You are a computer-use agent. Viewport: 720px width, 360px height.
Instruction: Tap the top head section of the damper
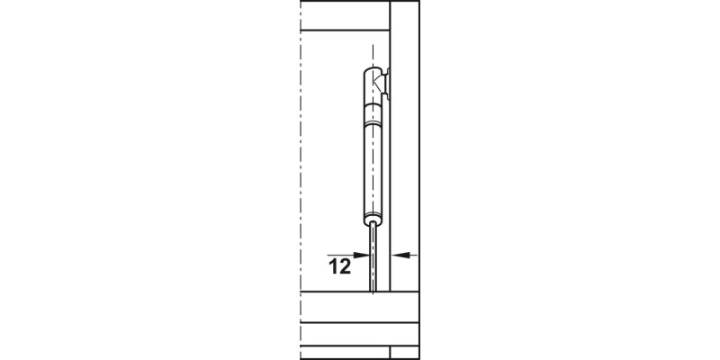(373, 85)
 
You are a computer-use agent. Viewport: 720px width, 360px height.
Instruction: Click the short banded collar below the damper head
(373, 114)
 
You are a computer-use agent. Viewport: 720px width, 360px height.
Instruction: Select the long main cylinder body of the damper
(373, 166)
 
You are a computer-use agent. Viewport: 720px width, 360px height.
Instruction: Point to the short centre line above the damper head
(373, 56)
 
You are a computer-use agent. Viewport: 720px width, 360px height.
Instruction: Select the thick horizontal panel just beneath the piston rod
(360, 309)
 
